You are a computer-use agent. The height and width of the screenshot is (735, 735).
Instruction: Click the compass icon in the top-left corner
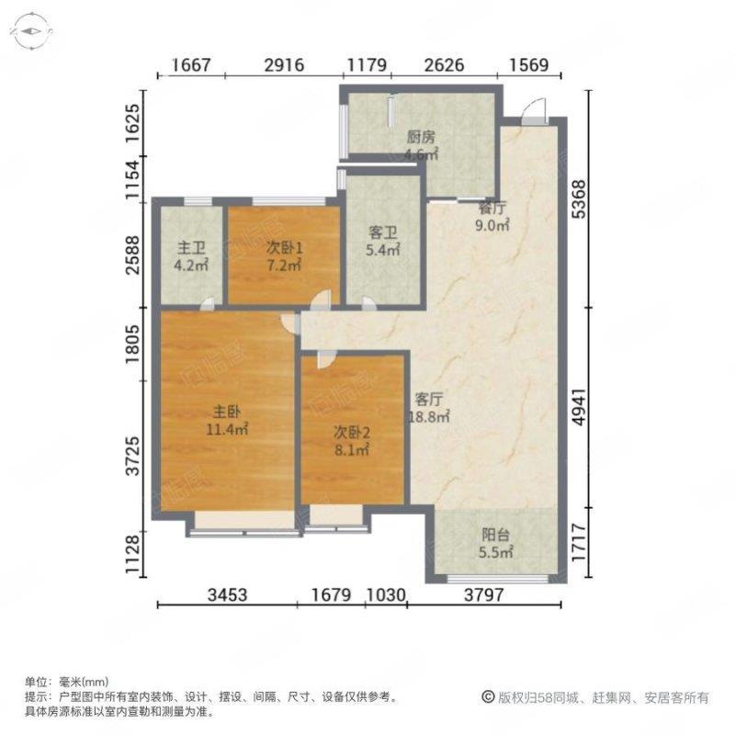coord(31,32)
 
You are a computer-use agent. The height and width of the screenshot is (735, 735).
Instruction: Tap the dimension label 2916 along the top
coord(284,64)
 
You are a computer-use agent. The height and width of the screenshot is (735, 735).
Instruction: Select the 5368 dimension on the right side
coord(580,199)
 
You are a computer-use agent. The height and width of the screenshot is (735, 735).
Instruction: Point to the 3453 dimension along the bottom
coord(227,594)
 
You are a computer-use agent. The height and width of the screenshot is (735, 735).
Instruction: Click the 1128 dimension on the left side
coord(133,555)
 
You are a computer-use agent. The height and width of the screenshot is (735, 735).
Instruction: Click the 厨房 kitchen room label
coord(421,137)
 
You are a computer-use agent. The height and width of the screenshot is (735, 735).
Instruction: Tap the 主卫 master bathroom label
coord(191,248)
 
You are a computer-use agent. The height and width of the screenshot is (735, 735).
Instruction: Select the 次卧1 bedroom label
coord(284,248)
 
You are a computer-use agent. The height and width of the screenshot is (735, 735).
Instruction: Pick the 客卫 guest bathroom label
coord(383,233)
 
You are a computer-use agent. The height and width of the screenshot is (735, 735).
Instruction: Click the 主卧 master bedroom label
coord(227,412)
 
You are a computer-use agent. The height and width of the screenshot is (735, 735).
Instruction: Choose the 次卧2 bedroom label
coord(352,432)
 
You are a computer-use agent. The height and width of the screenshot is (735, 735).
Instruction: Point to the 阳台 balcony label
coord(495,535)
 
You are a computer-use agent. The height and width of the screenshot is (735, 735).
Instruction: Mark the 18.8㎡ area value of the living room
coord(430,416)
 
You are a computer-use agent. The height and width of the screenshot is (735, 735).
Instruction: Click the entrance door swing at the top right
coord(535,110)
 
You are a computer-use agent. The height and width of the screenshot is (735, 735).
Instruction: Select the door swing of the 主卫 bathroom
coord(207,304)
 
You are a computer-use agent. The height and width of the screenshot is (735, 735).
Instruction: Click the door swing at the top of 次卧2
coord(325,359)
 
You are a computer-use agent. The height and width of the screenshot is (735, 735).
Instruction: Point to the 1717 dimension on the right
coord(580,543)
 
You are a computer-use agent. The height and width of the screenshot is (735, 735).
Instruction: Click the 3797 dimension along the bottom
coord(484,594)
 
